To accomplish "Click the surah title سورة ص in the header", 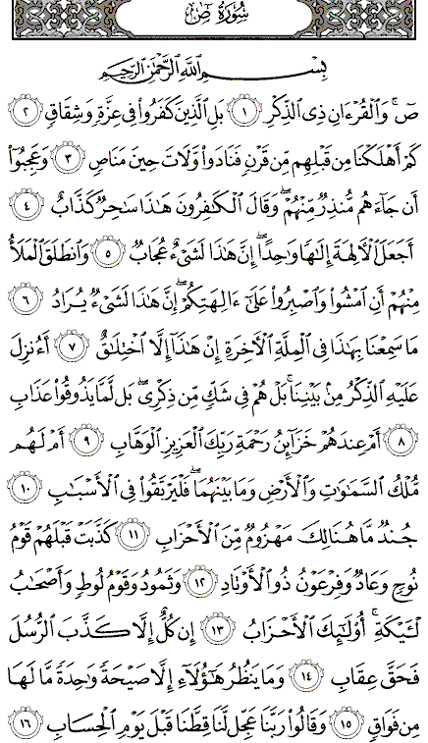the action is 214,19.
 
